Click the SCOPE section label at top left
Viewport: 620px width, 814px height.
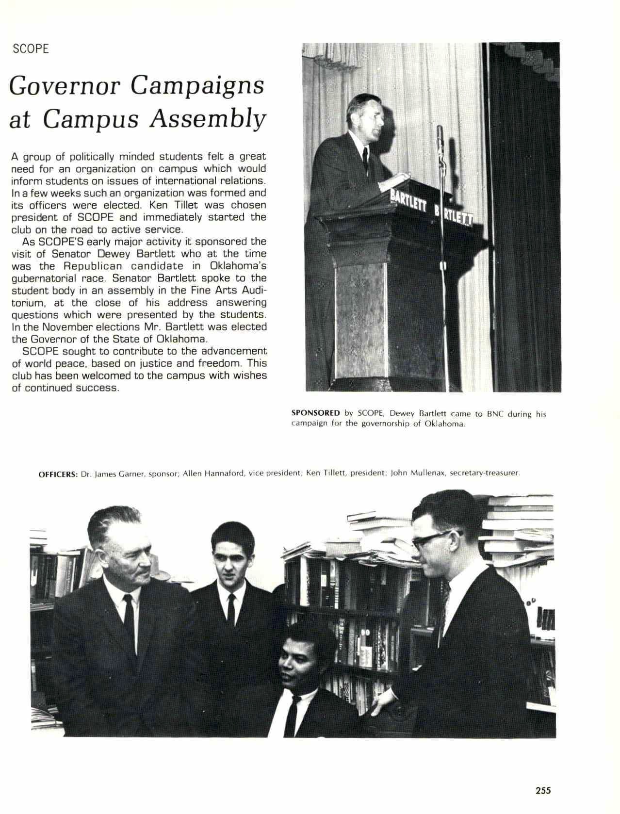click(31, 49)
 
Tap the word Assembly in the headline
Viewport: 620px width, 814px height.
click(208, 119)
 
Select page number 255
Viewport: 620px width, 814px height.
click(543, 791)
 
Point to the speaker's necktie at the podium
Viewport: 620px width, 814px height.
click(366, 160)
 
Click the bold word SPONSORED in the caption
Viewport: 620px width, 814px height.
click(315, 414)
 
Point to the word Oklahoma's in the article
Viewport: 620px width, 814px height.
click(238, 266)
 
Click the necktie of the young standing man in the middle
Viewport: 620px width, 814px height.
click(231, 609)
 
